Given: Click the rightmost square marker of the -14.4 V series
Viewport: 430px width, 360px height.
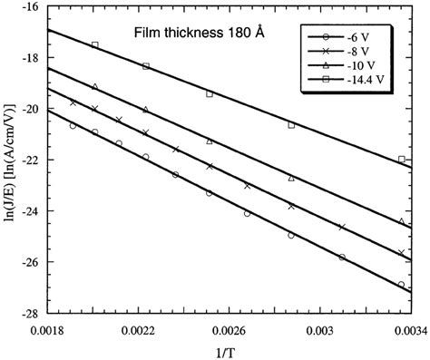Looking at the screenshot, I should click(x=402, y=160).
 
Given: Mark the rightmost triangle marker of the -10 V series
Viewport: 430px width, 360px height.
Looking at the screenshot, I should click(x=402, y=221).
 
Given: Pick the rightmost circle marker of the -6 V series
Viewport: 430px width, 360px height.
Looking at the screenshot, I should click(x=402, y=285).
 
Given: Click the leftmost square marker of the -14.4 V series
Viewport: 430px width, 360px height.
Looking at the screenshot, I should click(x=94, y=44).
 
